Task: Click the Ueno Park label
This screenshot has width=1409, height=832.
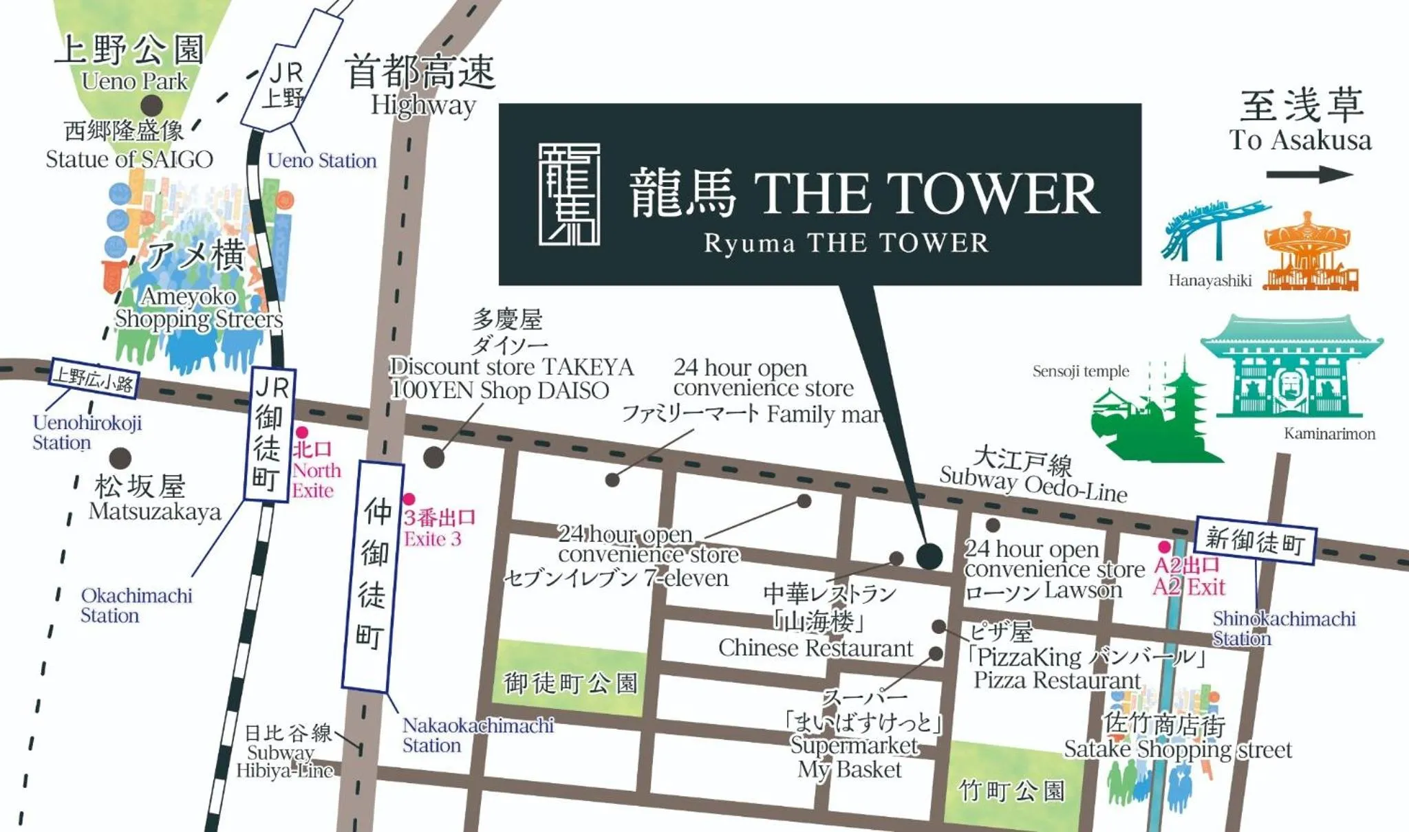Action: pyautogui.click(x=134, y=81)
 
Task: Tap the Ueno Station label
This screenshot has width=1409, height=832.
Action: pyautogui.click(x=321, y=161)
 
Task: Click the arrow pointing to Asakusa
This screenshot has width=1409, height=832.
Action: pyautogui.click(x=1309, y=175)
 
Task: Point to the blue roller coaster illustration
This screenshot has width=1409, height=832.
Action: pyautogui.click(x=1212, y=230)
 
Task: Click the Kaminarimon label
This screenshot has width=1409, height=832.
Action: pyautogui.click(x=1329, y=434)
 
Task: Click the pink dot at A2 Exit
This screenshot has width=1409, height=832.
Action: pyautogui.click(x=1164, y=547)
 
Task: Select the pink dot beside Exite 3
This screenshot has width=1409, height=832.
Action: pyautogui.click(x=409, y=499)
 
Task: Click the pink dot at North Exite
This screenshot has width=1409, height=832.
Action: pyautogui.click(x=301, y=433)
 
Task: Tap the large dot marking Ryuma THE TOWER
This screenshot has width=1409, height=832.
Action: pyautogui.click(x=929, y=556)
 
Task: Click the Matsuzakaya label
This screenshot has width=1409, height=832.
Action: pyautogui.click(x=155, y=512)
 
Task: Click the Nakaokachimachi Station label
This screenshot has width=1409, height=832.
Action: pyautogui.click(x=477, y=735)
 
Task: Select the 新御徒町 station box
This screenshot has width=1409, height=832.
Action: pyautogui.click(x=1256, y=541)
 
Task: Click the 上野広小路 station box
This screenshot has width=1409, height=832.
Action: pyautogui.click(x=94, y=379)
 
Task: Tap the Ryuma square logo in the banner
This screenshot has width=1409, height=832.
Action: pyautogui.click(x=569, y=195)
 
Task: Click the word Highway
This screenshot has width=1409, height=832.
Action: pyautogui.click(x=423, y=105)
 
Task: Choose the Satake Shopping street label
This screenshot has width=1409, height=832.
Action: pyautogui.click(x=1177, y=749)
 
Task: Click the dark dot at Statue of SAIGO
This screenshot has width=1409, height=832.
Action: pyautogui.click(x=152, y=106)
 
